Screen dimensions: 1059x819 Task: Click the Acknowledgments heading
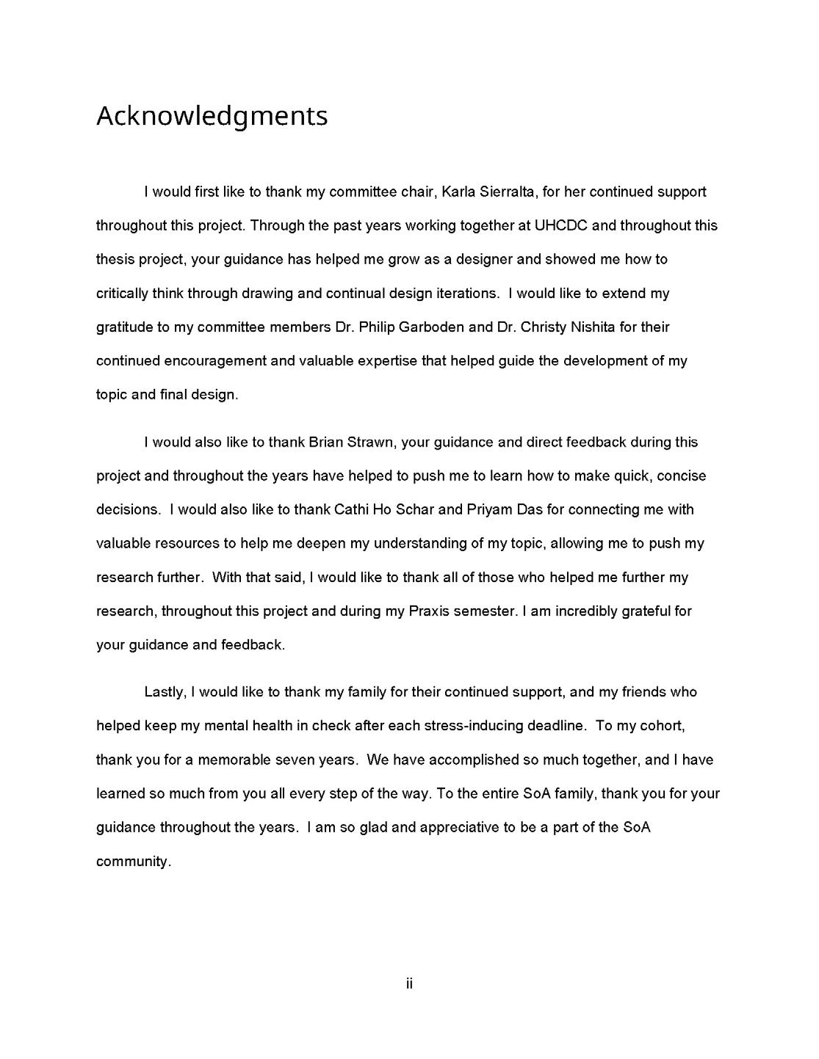pos(212,116)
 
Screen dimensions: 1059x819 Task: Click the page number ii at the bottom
pos(409,983)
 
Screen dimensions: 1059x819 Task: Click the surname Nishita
pos(593,327)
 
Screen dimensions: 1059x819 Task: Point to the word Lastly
pos(166,692)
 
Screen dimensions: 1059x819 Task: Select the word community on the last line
pos(133,862)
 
